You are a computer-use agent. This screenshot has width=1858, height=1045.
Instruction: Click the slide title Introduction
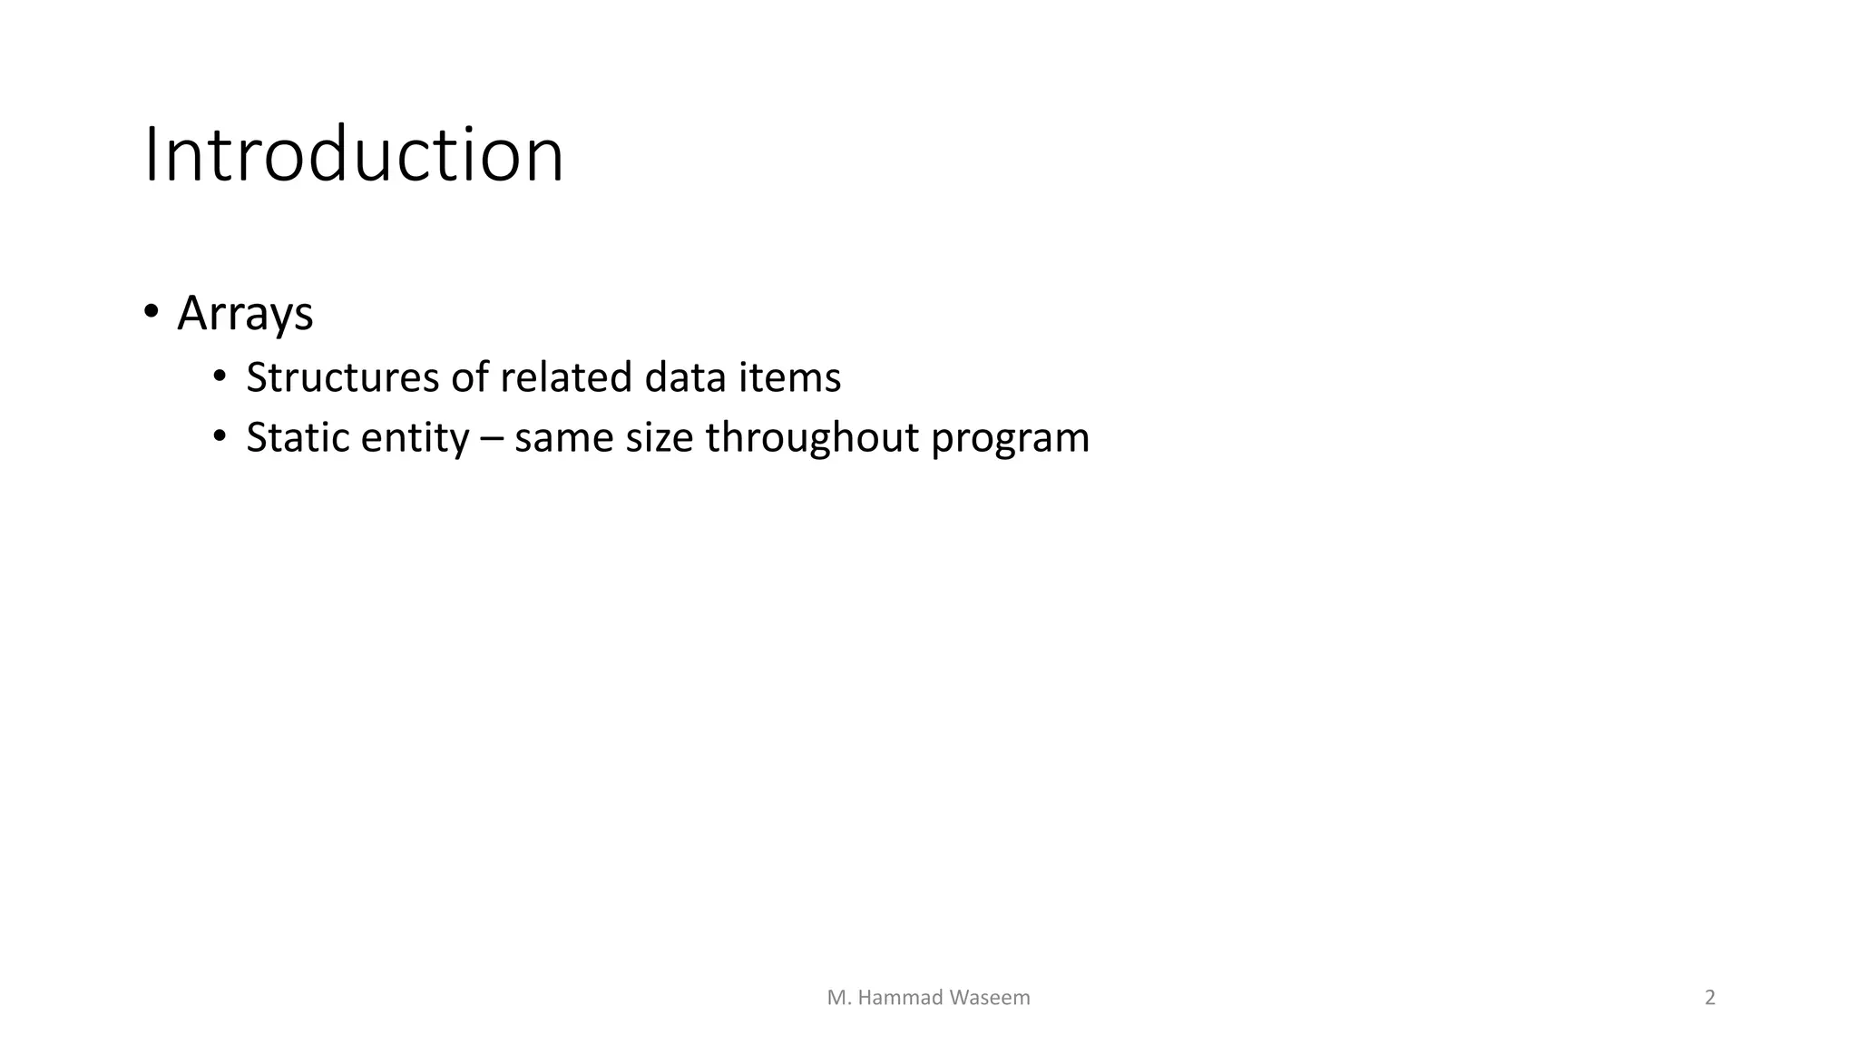[x=354, y=155]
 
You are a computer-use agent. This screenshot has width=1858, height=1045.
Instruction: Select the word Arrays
[x=245, y=314]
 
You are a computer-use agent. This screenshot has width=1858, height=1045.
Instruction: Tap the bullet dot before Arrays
[x=152, y=311]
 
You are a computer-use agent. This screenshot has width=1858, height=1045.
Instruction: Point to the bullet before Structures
[x=220, y=376]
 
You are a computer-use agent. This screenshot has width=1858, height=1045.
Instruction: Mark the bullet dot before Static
[x=220, y=436]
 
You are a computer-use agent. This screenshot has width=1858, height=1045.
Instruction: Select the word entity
[x=415, y=439]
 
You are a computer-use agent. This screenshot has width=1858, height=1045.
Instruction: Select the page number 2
[x=1710, y=998]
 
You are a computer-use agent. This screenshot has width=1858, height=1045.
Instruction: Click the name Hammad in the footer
[x=899, y=998]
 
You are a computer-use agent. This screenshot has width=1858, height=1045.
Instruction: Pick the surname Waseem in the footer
[x=990, y=998]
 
